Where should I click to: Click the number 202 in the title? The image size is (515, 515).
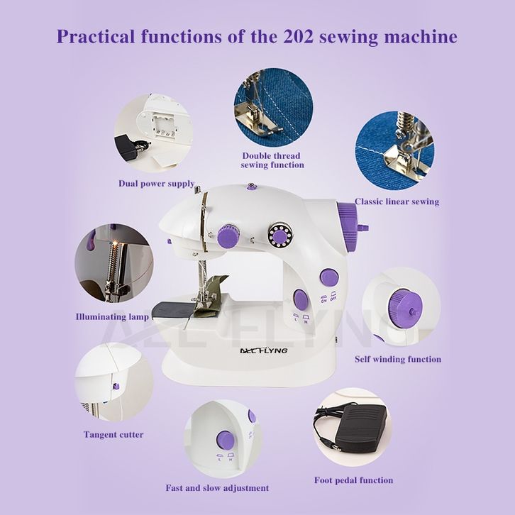pos(298,36)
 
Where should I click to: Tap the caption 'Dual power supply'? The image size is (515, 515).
pos(157,183)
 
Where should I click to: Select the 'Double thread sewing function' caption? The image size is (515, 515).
pos(272,160)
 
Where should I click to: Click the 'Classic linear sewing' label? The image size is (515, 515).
pos(397,201)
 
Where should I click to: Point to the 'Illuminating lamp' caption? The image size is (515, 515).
pos(112,317)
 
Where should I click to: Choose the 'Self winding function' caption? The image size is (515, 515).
pos(398,359)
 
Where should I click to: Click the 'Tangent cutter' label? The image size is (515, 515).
pos(113,435)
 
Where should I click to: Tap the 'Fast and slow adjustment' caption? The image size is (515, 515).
pos(217,488)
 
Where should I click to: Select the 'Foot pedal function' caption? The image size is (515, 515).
pos(353,480)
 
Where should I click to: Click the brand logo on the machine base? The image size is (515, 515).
pos(263,350)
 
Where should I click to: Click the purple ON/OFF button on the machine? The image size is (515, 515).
pos(329,277)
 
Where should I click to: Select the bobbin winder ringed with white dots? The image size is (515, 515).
pos(279,235)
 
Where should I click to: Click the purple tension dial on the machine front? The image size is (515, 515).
pos(228,236)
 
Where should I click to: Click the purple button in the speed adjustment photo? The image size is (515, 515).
pos(226,440)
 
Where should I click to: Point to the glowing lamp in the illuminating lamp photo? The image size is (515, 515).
pos(115,243)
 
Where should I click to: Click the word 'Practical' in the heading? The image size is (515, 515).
pos(96,36)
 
